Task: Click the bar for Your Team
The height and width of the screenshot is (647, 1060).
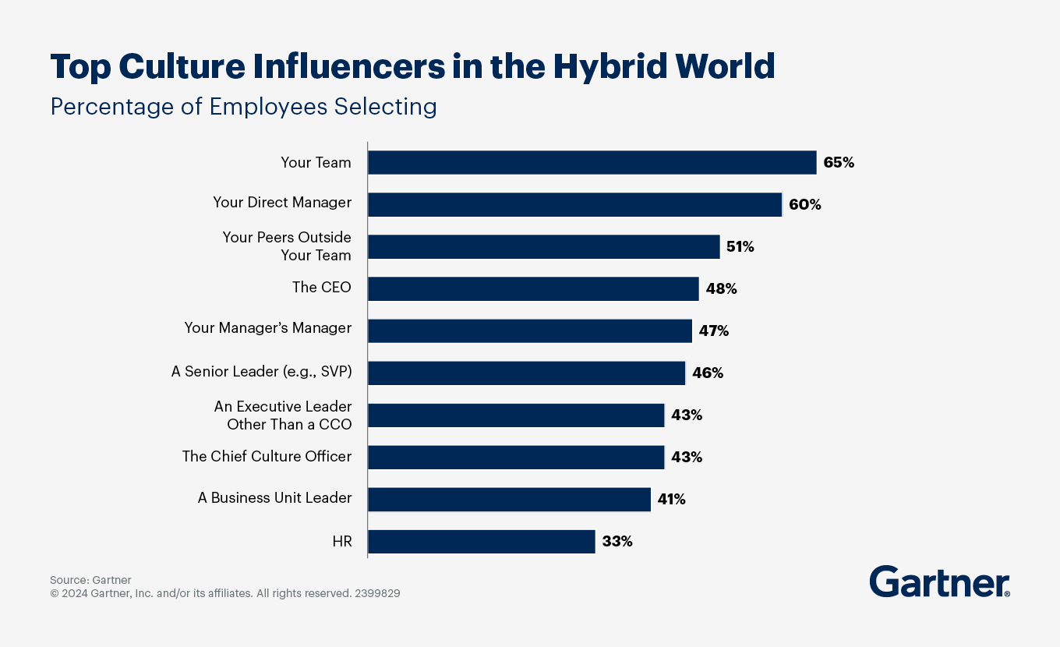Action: [592, 163]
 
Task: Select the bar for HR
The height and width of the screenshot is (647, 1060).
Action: [481, 541]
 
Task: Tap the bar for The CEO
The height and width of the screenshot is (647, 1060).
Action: [533, 288]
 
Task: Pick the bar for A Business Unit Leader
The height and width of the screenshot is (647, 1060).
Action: [509, 499]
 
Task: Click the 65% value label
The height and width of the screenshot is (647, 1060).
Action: [839, 163]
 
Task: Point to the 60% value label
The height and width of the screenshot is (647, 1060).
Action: [804, 205]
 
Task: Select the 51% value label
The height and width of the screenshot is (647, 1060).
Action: [740, 247]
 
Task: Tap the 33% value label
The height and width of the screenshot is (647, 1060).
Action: [617, 541]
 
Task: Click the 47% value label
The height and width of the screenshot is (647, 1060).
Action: [713, 331]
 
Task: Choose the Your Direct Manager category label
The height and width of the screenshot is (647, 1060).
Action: [282, 203]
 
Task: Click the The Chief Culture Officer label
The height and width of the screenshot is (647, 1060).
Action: [267, 456]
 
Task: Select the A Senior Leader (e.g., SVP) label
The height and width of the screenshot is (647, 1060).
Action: [261, 372]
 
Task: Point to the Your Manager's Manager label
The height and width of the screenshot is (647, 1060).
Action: [267, 328]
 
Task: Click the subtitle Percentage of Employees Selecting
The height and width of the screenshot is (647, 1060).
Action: [243, 106]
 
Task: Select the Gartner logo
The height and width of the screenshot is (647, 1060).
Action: [939, 582]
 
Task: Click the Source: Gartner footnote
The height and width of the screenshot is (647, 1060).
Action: [90, 580]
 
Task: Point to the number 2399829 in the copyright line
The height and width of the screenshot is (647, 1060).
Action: [377, 593]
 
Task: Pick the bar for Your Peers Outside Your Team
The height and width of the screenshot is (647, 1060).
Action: [543, 247]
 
